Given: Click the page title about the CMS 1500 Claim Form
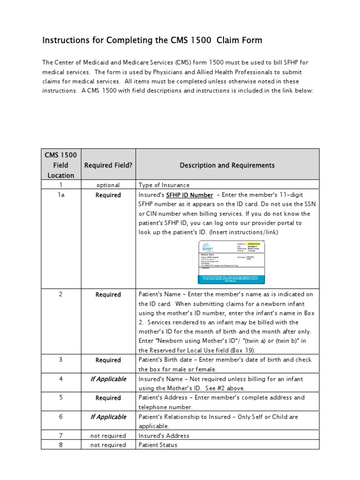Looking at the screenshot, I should (152, 41).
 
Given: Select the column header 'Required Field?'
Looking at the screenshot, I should (108, 165).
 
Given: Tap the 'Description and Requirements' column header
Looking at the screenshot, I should (227, 165).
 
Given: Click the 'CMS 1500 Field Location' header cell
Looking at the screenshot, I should (60, 165).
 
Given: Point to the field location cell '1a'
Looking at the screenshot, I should (60, 195).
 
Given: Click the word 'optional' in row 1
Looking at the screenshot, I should (108, 185).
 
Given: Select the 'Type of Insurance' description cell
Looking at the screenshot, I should (164, 185).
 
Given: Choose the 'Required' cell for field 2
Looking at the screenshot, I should (108, 295).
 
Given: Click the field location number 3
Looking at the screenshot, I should (60, 360).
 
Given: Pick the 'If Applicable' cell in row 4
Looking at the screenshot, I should (108, 379).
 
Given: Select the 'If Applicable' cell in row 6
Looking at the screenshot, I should (108, 417).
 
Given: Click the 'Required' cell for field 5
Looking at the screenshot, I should (108, 398).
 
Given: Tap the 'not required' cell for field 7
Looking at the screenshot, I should (108, 435).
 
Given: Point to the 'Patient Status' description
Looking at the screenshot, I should (157, 445).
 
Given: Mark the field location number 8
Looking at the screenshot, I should (60, 445).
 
